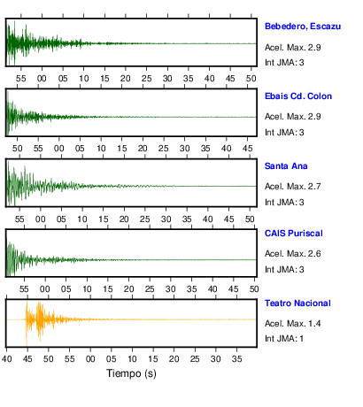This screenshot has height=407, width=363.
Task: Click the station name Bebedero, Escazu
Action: click(x=303, y=27)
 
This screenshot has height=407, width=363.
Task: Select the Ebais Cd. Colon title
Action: click(x=298, y=96)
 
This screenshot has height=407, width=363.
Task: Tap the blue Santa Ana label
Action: click(x=286, y=166)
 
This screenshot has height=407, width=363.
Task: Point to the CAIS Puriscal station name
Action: click(x=294, y=234)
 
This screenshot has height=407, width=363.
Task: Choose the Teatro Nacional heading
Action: click(x=297, y=303)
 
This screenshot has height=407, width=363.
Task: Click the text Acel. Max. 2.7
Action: click(x=293, y=187)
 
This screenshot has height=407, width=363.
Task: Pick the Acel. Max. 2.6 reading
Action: click(x=293, y=254)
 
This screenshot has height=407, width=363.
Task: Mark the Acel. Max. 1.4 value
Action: click(x=293, y=324)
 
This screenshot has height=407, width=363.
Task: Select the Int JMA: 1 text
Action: click(x=284, y=338)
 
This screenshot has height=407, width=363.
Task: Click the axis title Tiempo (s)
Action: click(x=131, y=373)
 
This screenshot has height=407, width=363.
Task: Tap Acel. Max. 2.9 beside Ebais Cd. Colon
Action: click(x=293, y=117)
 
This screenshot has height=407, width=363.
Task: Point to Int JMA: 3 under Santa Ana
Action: click(x=284, y=203)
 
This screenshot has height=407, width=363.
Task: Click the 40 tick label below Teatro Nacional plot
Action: click(x=7, y=359)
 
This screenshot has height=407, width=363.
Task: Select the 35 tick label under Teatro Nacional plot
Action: click(x=236, y=359)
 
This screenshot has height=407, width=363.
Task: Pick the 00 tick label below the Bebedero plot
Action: click(x=42, y=79)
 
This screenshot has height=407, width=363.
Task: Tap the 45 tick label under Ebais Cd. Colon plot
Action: click(x=247, y=149)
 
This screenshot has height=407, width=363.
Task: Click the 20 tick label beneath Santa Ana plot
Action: click(x=124, y=219)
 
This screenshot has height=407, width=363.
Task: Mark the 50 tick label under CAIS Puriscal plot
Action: click(x=254, y=289)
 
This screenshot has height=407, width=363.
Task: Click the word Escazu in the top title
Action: click(x=326, y=27)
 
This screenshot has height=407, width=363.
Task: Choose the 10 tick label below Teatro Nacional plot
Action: click(x=132, y=359)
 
